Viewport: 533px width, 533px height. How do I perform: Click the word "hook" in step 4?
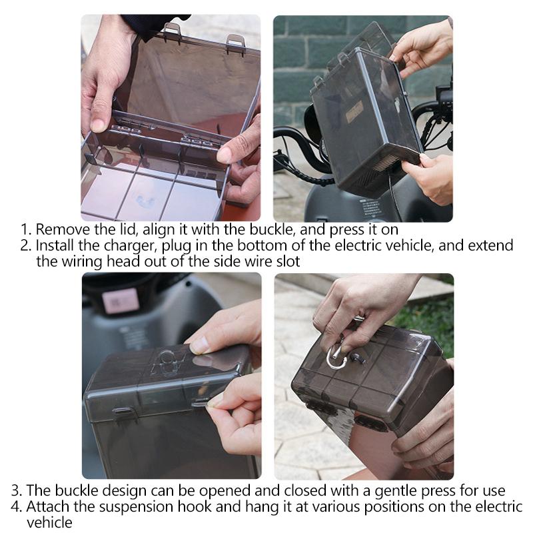point(197,507)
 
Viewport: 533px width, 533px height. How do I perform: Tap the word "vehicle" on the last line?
point(49,523)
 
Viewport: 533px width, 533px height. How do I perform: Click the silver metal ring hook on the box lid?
point(336,357)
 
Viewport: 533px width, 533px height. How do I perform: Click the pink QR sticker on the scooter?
point(121,301)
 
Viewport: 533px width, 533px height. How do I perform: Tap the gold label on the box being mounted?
point(354,110)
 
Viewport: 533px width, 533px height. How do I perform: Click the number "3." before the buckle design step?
point(17,491)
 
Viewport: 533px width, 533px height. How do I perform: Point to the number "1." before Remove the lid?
point(26,230)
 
